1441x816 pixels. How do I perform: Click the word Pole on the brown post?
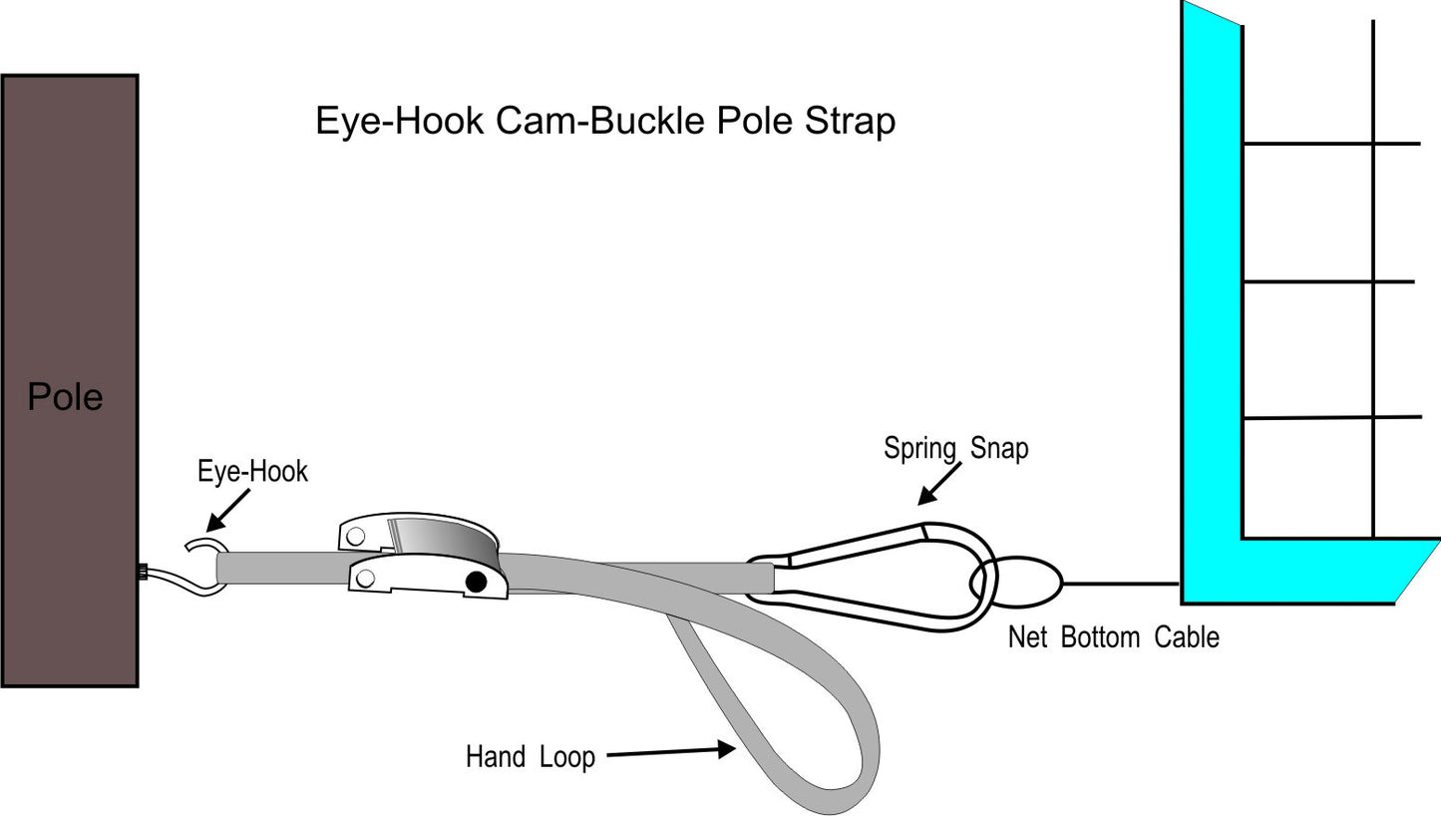tap(65, 397)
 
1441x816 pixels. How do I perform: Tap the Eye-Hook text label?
tap(252, 471)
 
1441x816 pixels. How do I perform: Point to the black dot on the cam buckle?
tap(476, 582)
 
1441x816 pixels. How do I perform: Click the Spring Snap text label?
tap(955, 449)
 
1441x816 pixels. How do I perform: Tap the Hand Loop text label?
tap(530, 757)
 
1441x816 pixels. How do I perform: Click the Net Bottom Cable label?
tap(1113, 637)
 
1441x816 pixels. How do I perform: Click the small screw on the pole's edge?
tap(142, 572)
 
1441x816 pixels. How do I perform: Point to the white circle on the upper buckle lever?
tap(356, 536)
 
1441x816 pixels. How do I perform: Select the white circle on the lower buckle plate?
tap(365, 578)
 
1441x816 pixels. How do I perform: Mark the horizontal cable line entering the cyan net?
tap(1122, 583)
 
